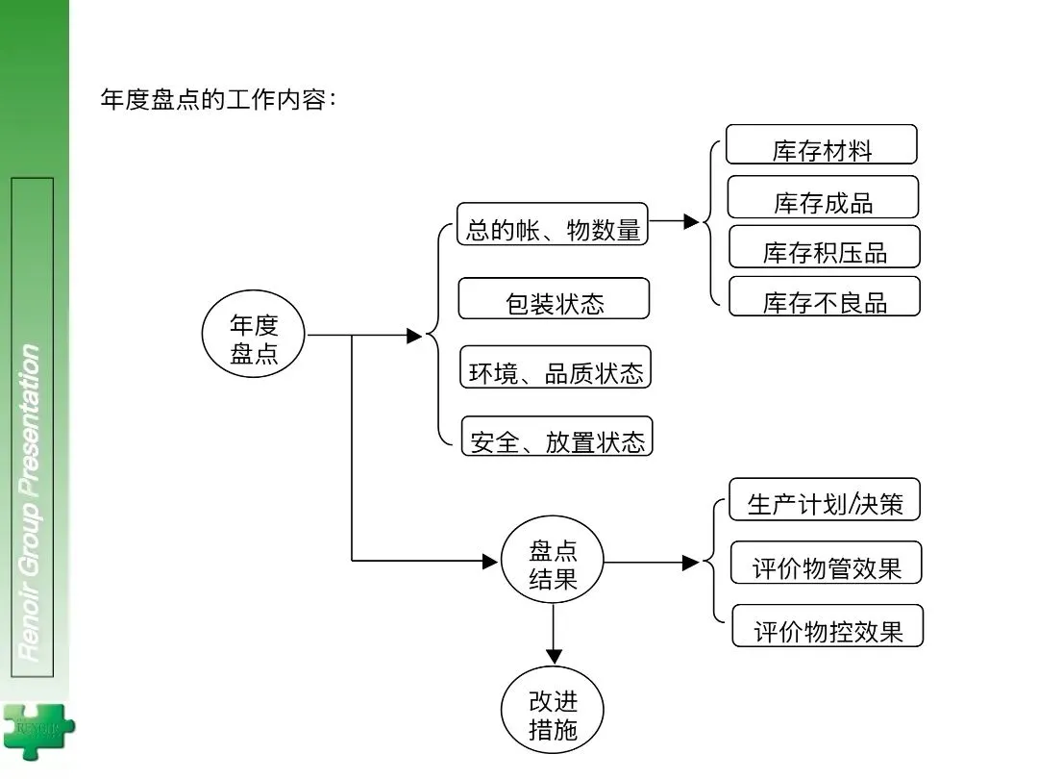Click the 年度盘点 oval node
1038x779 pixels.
(x=254, y=334)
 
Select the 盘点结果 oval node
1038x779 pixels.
(x=553, y=560)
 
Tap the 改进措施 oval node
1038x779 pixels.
(x=553, y=710)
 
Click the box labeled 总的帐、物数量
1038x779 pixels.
(x=552, y=224)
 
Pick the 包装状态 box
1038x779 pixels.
(x=555, y=298)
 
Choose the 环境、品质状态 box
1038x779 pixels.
(x=556, y=367)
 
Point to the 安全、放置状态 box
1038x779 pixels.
(x=556, y=436)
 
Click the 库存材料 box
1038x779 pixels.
(x=822, y=144)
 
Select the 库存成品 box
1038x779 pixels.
(x=823, y=197)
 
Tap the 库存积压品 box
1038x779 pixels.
(x=825, y=246)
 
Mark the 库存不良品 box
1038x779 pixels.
(x=825, y=296)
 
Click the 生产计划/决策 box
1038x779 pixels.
(x=825, y=499)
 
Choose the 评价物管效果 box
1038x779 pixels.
(x=827, y=563)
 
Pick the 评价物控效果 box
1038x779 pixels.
(x=828, y=625)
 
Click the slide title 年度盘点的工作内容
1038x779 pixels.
(x=218, y=99)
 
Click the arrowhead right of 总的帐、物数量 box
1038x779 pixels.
(x=691, y=221)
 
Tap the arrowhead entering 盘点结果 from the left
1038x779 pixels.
(x=490, y=562)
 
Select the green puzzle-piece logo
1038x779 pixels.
(x=38, y=731)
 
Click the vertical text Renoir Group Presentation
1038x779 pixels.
(x=30, y=503)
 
